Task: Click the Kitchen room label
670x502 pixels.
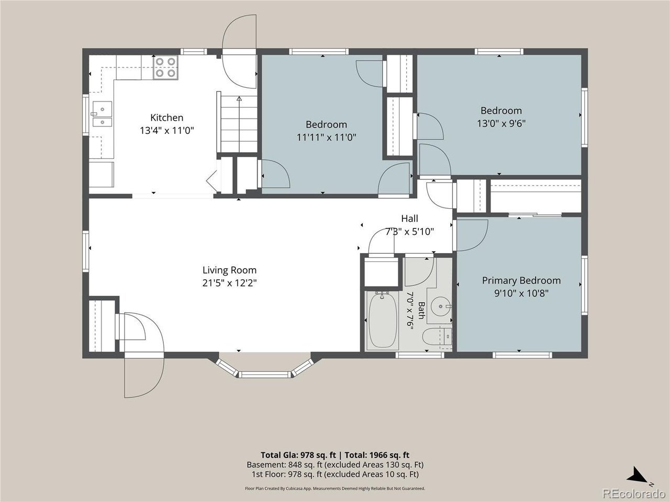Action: (x=166, y=118)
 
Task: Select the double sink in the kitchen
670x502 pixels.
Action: (x=102, y=113)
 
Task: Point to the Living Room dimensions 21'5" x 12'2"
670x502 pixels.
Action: (x=229, y=283)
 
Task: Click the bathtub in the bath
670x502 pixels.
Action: (x=383, y=320)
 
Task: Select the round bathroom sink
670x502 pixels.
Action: (x=440, y=305)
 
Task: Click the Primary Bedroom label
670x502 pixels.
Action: (x=521, y=280)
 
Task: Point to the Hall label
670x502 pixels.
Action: (x=410, y=218)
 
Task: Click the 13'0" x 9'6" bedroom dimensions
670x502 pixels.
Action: (x=501, y=123)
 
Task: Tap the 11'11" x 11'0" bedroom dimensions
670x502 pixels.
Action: (x=326, y=138)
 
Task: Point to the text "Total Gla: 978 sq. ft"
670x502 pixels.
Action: (x=298, y=455)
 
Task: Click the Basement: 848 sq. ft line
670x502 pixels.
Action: (x=335, y=465)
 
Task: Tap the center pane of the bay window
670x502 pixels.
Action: (x=264, y=374)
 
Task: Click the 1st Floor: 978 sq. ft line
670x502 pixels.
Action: (x=335, y=474)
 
